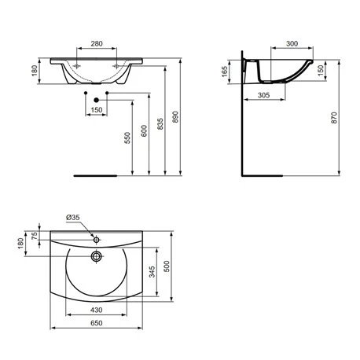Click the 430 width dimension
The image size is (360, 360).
96,310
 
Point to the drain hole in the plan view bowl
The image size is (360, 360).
95,255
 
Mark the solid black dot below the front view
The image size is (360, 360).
97,99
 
